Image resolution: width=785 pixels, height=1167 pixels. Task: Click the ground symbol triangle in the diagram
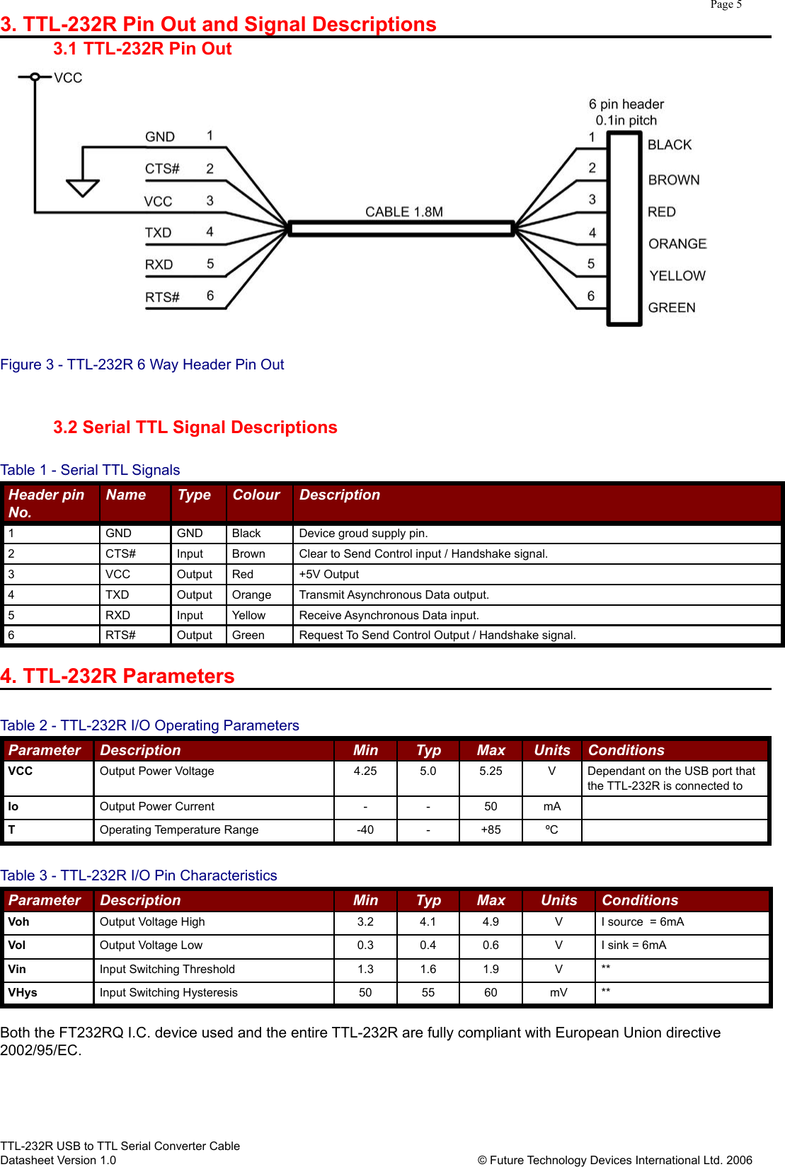[83, 188]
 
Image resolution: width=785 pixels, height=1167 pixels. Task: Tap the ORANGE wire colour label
[677, 244]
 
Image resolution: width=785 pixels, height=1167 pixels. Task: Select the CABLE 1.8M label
[403, 212]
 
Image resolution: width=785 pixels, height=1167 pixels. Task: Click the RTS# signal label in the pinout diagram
[162, 297]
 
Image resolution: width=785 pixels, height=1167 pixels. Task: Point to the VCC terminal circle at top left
[35, 77]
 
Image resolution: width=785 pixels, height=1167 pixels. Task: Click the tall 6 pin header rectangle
[624, 228]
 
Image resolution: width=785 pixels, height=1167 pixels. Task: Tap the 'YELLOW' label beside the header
[677, 276]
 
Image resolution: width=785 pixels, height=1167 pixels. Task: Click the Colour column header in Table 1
[256, 495]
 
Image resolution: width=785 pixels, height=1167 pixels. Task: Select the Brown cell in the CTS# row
[248, 553]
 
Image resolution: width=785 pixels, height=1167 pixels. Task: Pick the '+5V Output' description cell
[328, 574]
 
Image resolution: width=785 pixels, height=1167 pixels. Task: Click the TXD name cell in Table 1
[118, 594]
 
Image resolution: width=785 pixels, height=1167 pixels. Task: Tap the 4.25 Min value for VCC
[365, 771]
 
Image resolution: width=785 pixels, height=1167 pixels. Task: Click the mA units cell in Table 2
[552, 806]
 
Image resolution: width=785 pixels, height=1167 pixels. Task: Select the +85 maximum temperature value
[491, 829]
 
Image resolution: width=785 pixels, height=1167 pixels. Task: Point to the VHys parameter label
[23, 992]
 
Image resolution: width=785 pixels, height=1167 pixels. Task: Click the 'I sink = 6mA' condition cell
[634, 945]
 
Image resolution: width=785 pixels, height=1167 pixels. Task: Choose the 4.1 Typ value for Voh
[428, 921]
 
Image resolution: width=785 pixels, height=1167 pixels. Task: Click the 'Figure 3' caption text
[142, 364]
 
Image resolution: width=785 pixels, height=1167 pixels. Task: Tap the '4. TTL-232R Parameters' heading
[118, 676]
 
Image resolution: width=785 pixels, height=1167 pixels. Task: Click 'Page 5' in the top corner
[726, 5]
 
